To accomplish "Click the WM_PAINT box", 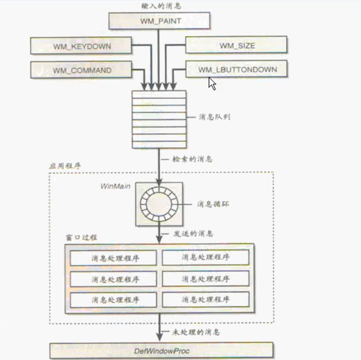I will (159, 21).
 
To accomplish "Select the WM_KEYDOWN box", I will (81, 46).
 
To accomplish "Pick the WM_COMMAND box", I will (81, 70).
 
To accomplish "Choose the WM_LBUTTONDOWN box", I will (237, 70).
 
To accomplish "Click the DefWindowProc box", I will (161, 351).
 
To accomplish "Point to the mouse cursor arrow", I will (212, 83).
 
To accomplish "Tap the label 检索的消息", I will (193, 159).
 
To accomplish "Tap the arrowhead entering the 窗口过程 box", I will (159, 240).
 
